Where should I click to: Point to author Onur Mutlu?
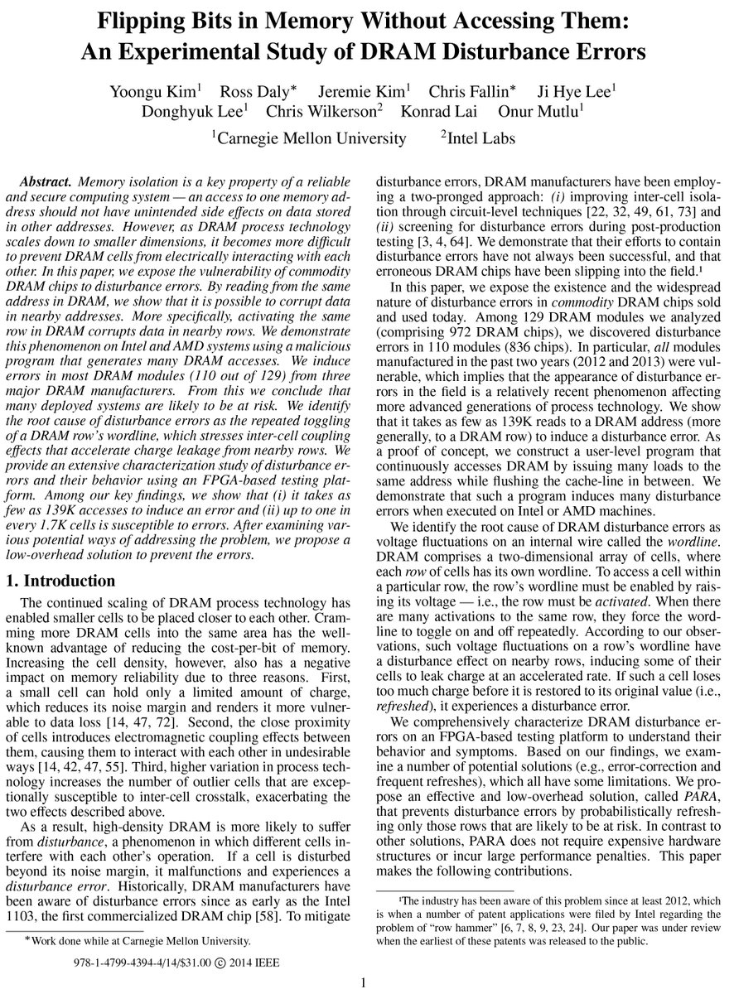pyautogui.click(x=582, y=111)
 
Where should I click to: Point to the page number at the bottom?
pyautogui.click(x=363, y=983)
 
